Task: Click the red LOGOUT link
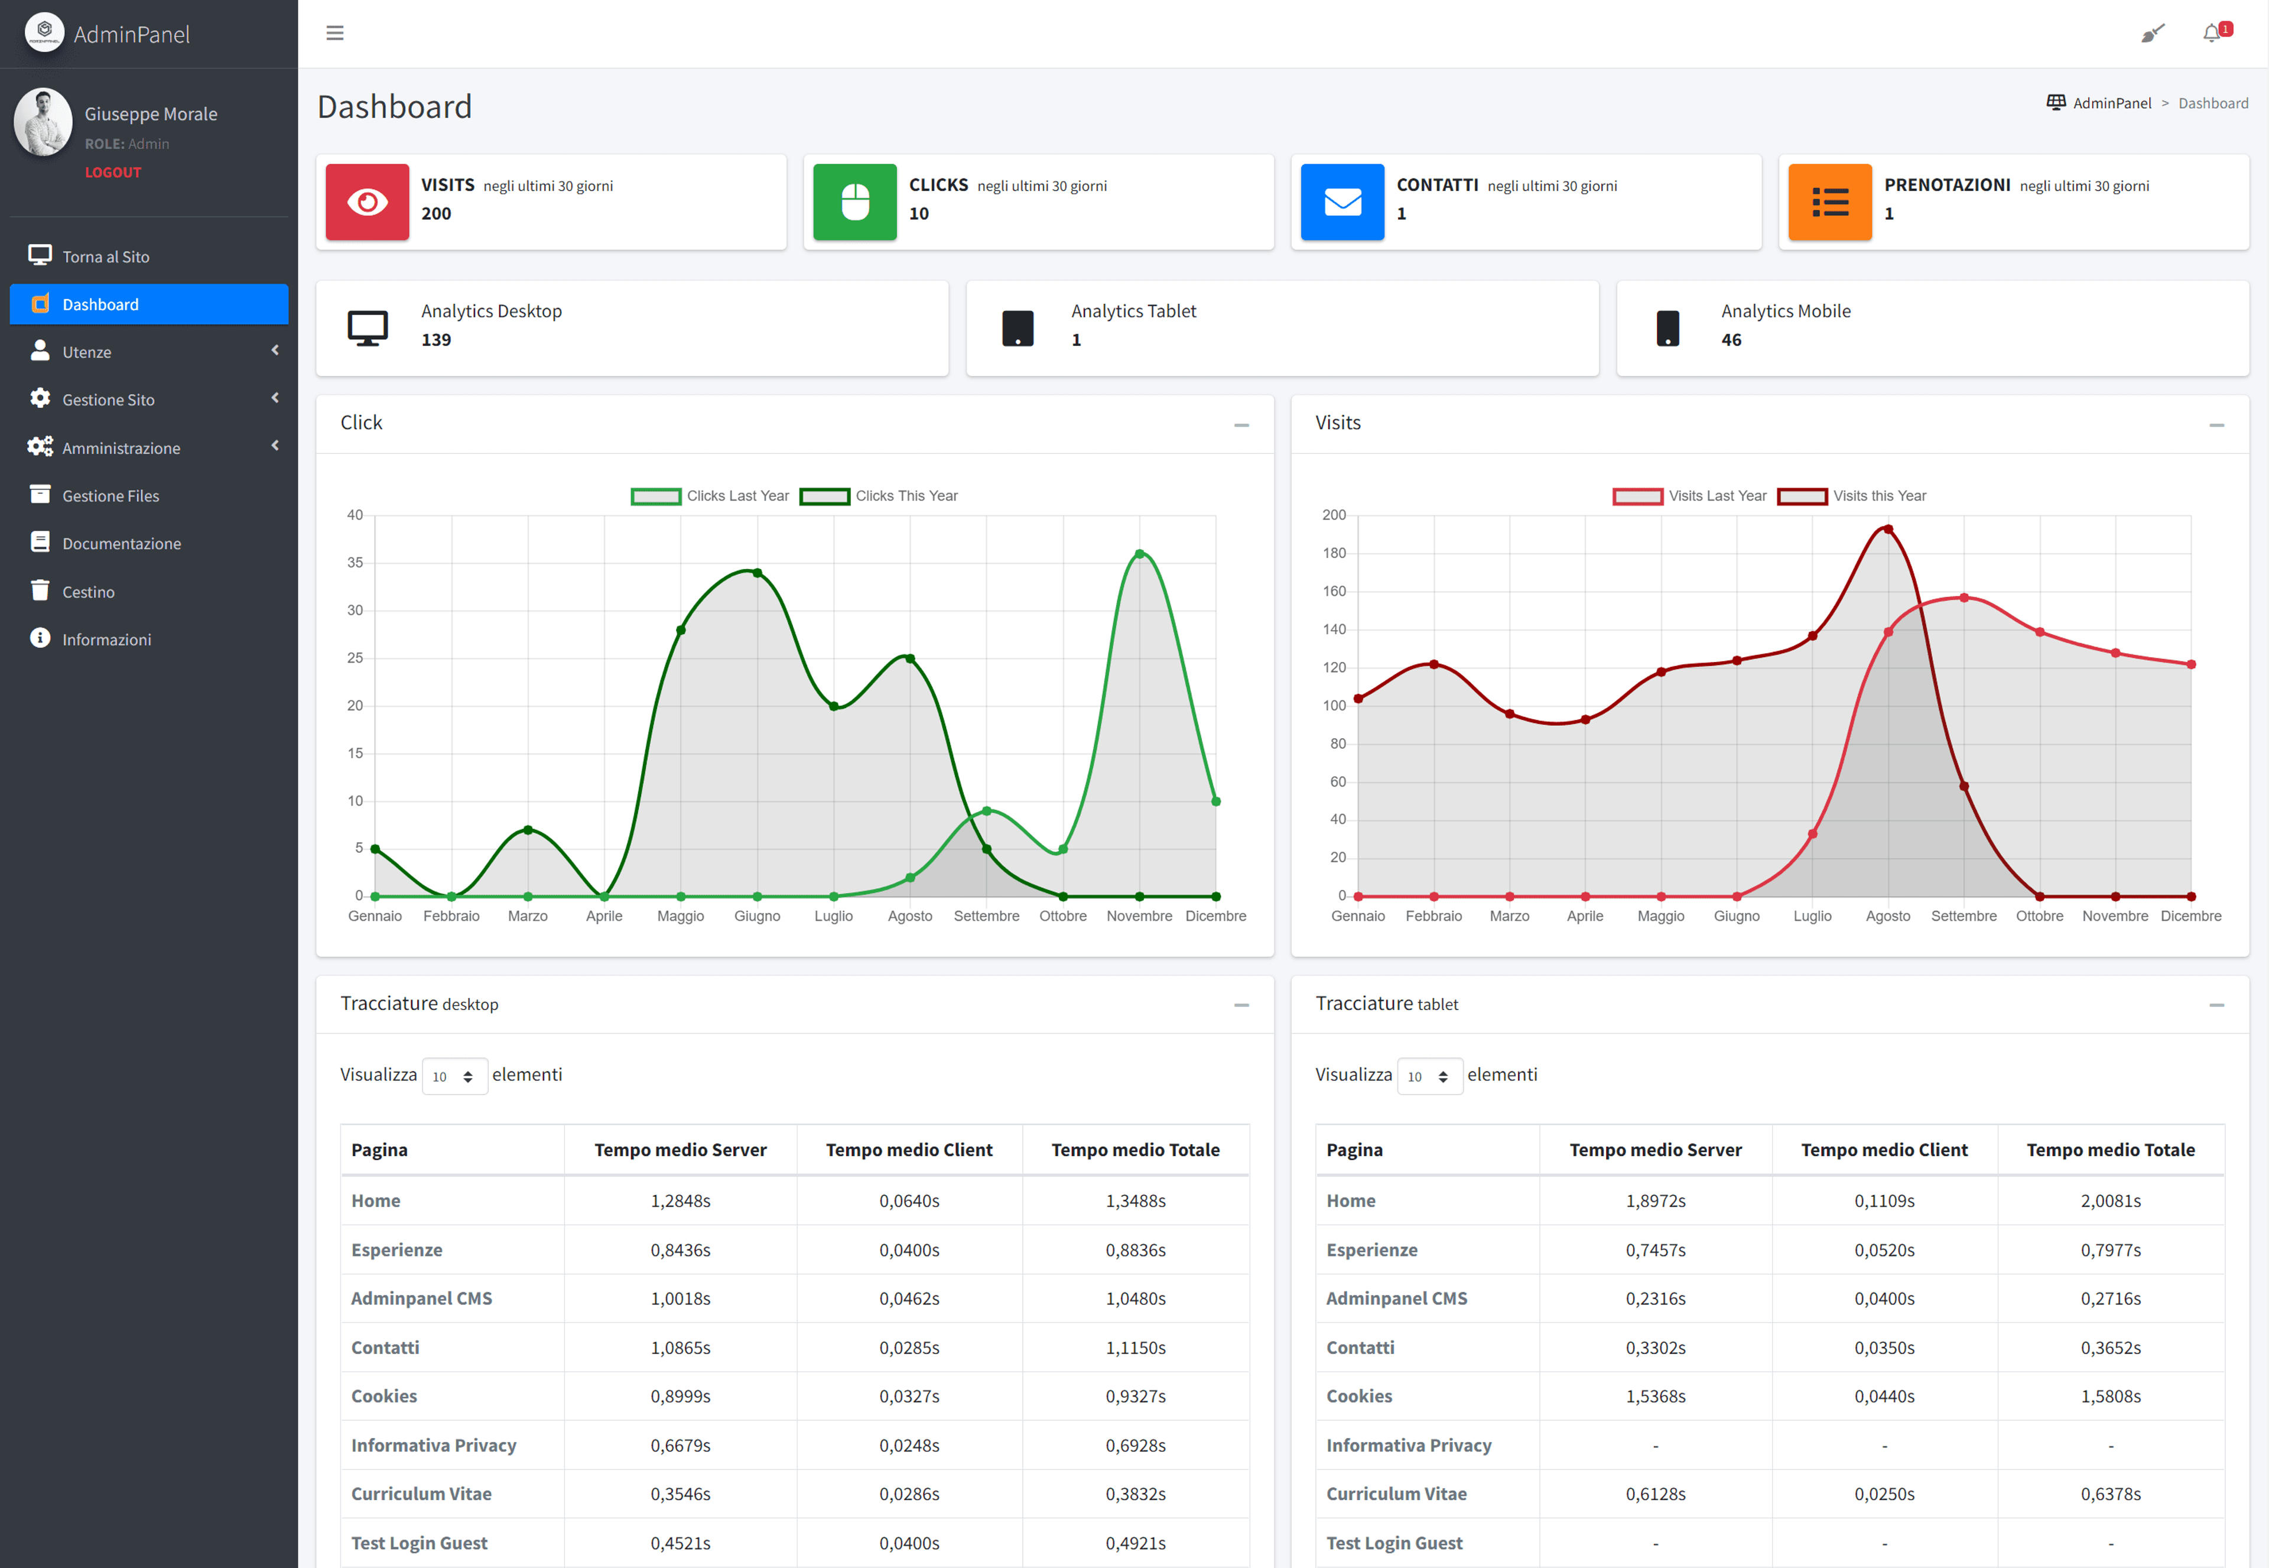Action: pyautogui.click(x=113, y=172)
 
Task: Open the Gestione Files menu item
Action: pyautogui.click(x=110, y=496)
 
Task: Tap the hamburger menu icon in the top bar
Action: pyautogui.click(x=335, y=34)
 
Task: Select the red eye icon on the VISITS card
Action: pyautogui.click(x=368, y=202)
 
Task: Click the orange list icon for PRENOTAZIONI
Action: pyautogui.click(x=1830, y=202)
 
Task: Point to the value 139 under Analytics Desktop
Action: pyautogui.click(x=436, y=340)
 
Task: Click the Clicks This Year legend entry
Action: pyautogui.click(x=879, y=496)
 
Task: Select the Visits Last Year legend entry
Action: pyautogui.click(x=1689, y=496)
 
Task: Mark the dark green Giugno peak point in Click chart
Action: pyautogui.click(x=758, y=573)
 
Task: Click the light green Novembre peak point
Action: pyautogui.click(x=1139, y=554)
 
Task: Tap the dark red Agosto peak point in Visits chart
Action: pyautogui.click(x=1888, y=530)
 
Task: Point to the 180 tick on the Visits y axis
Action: pyautogui.click(x=1334, y=553)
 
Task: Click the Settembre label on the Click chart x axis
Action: pyautogui.click(x=986, y=916)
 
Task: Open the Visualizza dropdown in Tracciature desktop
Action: pyautogui.click(x=454, y=1076)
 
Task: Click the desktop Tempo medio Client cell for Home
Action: pyautogui.click(x=909, y=1200)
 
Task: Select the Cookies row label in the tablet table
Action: pyautogui.click(x=1360, y=1396)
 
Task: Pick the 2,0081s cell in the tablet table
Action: pyautogui.click(x=2111, y=1200)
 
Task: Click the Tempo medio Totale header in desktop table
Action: pyautogui.click(x=1136, y=1150)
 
